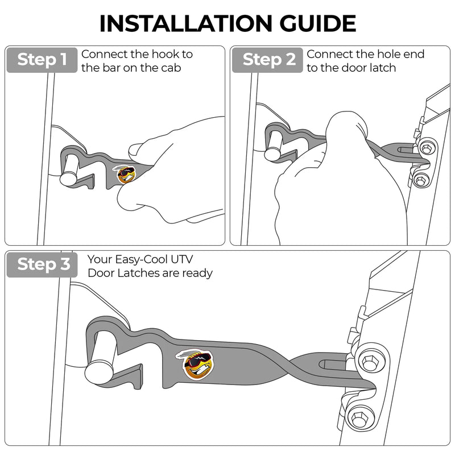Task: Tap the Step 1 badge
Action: [x=41, y=60]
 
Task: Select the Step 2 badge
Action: [x=266, y=60]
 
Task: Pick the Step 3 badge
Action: [x=41, y=264]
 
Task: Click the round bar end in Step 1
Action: [x=69, y=177]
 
